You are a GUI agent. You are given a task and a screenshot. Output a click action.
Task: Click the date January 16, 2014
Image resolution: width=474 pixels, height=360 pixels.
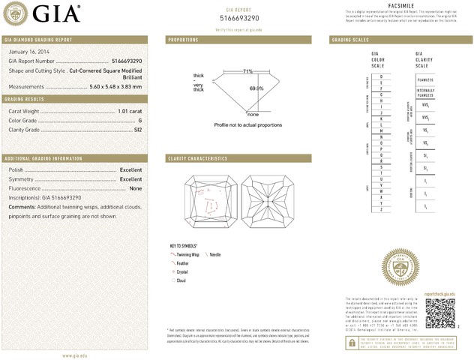coord(26,51)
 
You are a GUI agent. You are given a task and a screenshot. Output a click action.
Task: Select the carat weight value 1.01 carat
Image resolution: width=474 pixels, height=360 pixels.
coord(129,111)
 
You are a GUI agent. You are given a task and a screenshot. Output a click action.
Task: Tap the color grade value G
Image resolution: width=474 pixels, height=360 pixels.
coord(139,120)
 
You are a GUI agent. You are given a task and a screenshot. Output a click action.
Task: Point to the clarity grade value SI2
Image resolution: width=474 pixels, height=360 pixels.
coord(137,130)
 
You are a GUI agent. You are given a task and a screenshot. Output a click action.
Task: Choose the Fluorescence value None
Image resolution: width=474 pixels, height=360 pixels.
coord(136,188)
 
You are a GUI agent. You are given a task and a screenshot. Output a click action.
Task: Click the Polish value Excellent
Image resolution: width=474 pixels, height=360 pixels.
coord(130,170)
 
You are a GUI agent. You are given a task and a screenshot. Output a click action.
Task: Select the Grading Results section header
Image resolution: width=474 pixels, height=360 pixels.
coord(26,98)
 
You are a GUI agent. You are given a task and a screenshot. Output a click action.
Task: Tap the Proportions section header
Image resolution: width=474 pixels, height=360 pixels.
coord(183,39)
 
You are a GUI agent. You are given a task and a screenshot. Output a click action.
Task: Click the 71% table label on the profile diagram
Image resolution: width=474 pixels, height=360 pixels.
coord(247,71)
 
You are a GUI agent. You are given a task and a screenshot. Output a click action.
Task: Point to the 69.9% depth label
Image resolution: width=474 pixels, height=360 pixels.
coord(256,88)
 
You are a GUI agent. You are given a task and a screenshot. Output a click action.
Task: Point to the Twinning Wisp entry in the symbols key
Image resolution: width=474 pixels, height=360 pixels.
coord(190,256)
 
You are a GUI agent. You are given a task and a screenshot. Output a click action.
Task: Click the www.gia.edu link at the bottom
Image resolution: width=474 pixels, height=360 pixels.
coord(76,355)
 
